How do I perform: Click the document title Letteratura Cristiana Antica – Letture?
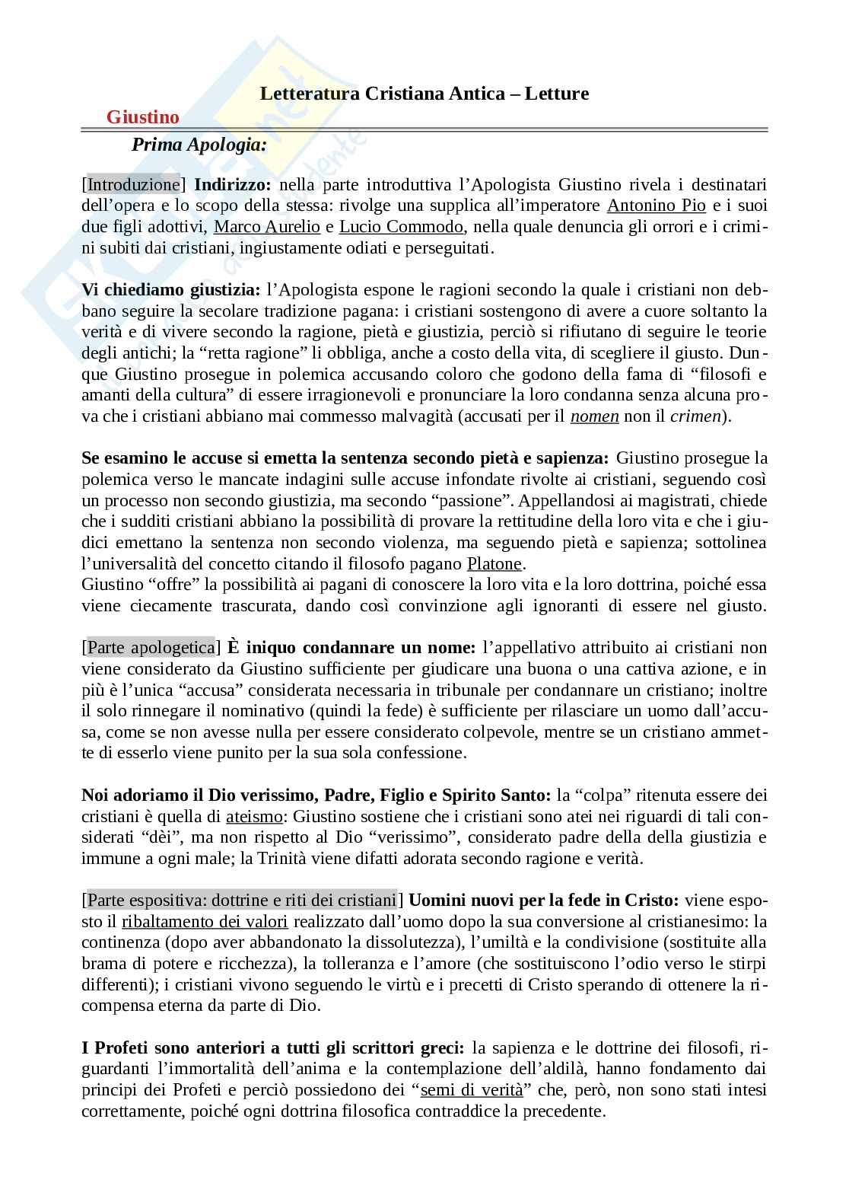424,94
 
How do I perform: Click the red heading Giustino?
143,117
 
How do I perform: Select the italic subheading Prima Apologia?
199,145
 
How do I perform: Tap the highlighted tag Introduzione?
133,184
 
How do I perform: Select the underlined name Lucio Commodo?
401,227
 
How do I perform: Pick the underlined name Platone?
494,564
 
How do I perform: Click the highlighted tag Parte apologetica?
151,648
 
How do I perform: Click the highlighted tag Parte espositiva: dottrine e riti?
242,900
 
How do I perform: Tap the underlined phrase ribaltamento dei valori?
205,922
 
